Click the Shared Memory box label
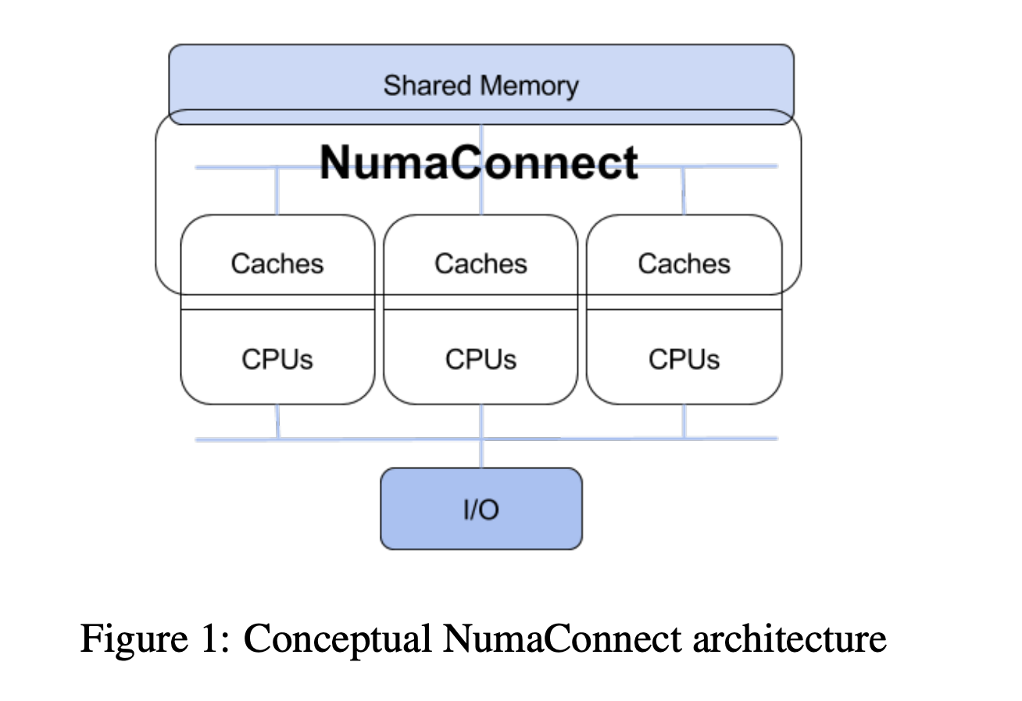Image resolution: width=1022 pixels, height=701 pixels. pyautogui.click(x=481, y=85)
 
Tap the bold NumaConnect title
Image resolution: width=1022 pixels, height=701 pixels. pyautogui.click(x=478, y=162)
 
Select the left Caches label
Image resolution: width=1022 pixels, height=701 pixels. pyautogui.click(x=277, y=264)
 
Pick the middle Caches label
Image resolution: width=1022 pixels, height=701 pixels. pyautogui.click(x=481, y=264)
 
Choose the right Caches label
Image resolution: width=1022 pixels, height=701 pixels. pyautogui.click(x=684, y=264)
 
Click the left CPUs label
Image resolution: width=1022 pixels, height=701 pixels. pyautogui.click(x=277, y=359)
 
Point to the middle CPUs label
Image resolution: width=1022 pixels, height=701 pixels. pyautogui.click(x=481, y=359)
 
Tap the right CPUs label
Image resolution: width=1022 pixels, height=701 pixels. pyautogui.click(x=684, y=359)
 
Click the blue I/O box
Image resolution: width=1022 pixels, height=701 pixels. pyautogui.click(x=481, y=509)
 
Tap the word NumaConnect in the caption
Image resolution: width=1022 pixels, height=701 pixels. pyautogui.click(x=562, y=639)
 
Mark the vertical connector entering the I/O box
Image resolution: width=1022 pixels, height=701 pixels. pyautogui.click(x=481, y=454)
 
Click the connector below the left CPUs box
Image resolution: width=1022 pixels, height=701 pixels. pyautogui.click(x=277, y=422)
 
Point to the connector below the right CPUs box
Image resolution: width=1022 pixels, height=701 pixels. pyautogui.click(x=684, y=422)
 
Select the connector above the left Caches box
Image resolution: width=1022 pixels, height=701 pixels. pyautogui.click(x=276, y=190)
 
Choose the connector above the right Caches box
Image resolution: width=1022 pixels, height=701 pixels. pyautogui.click(x=684, y=190)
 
